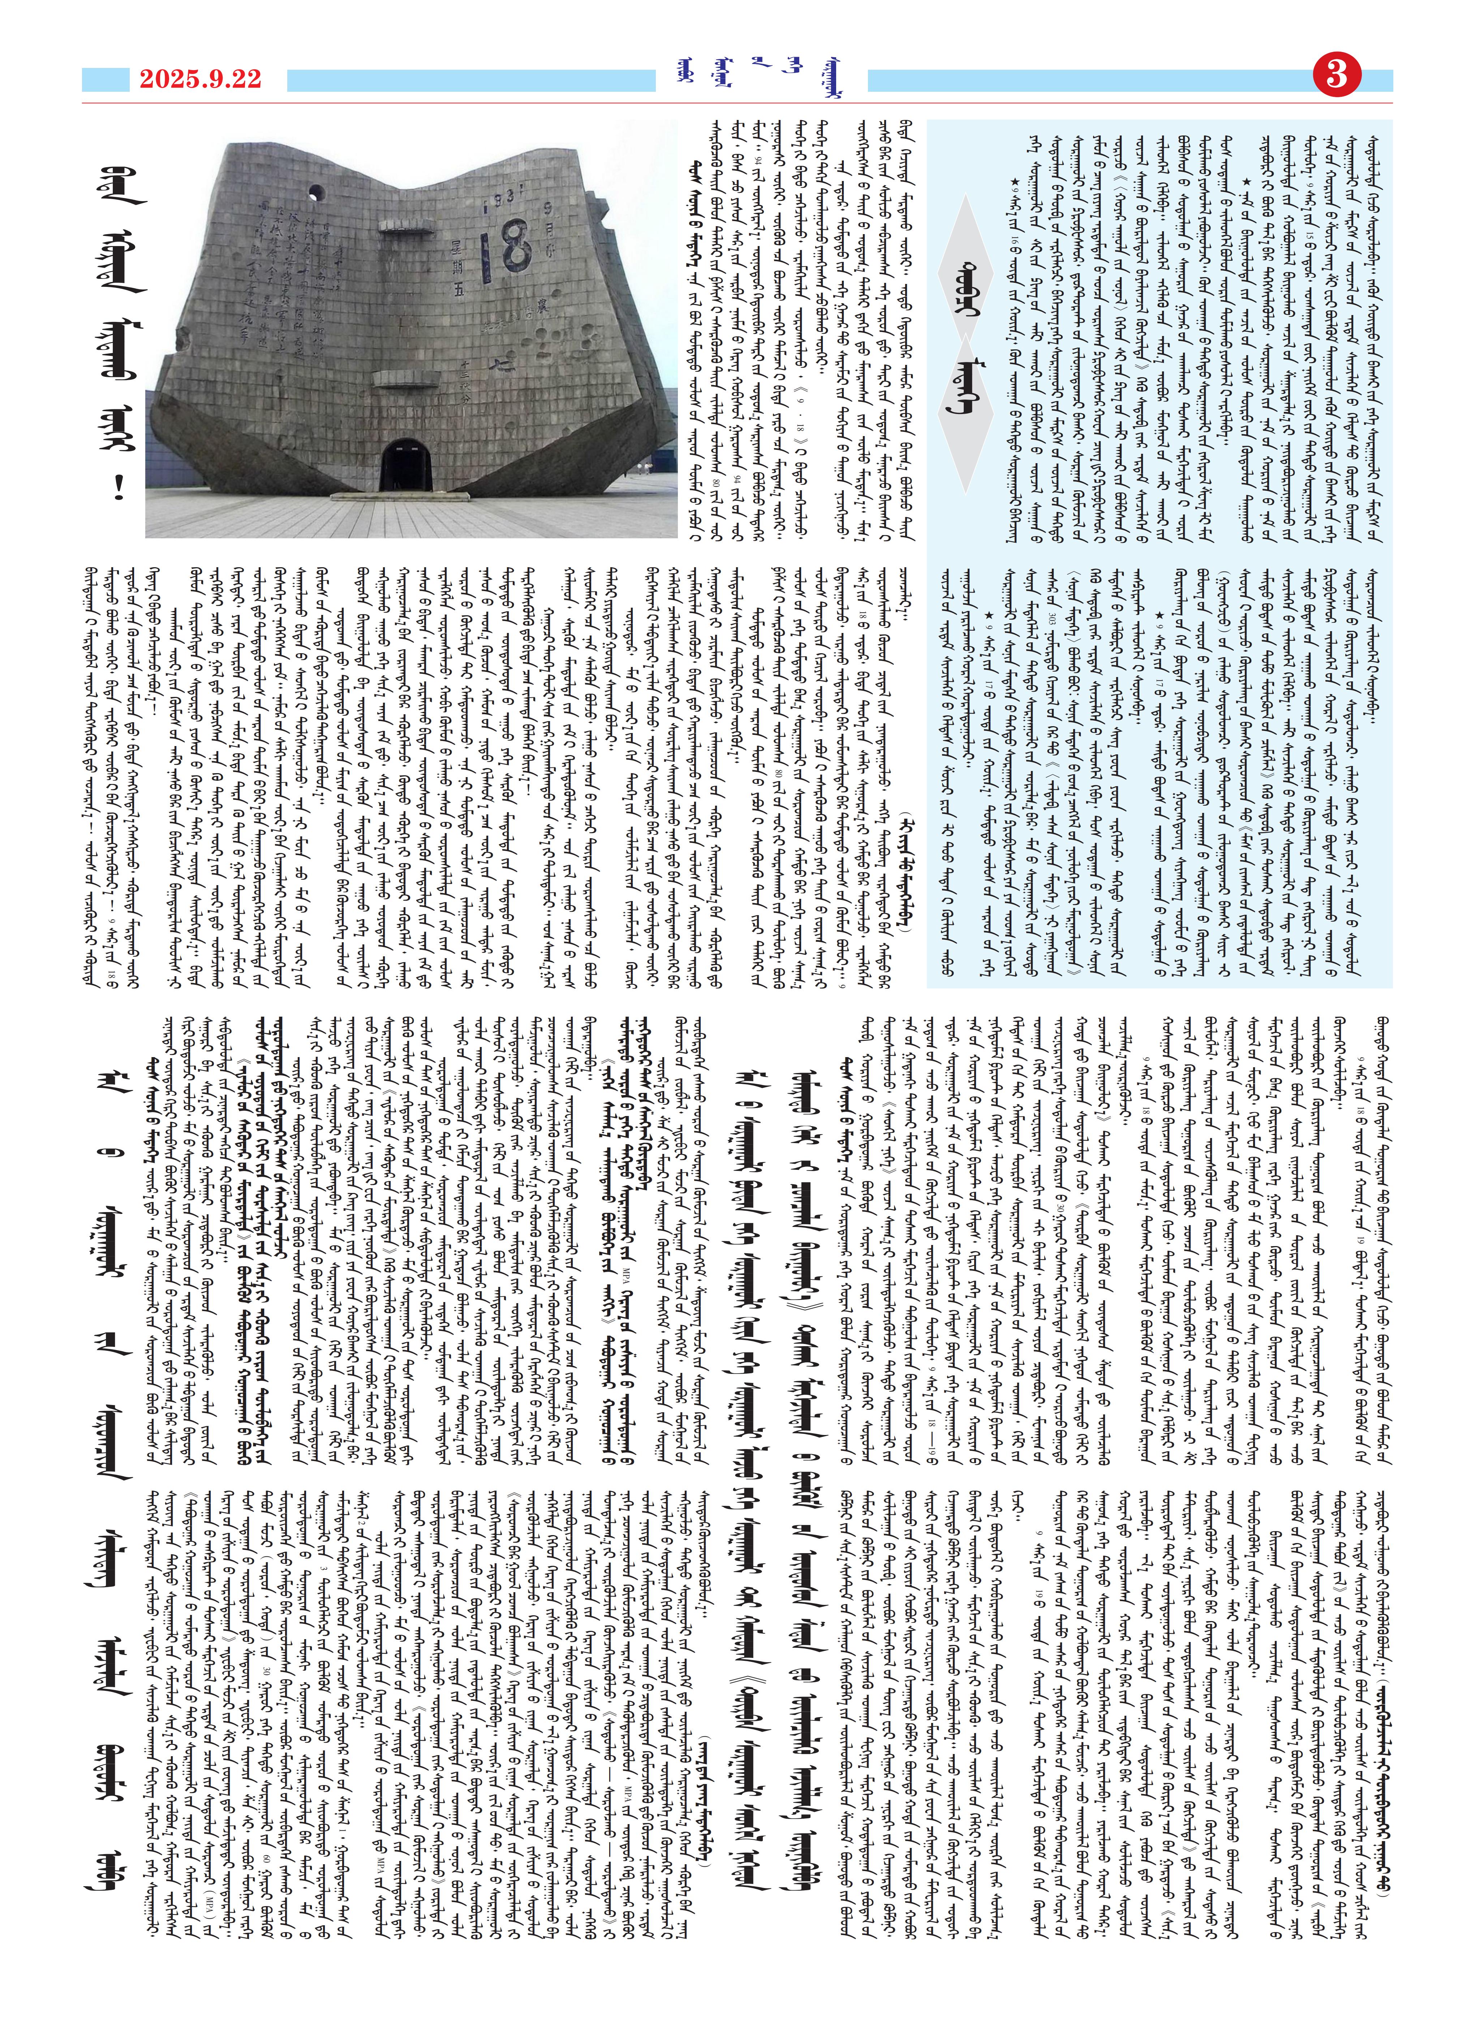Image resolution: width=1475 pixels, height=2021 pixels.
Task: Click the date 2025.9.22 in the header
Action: pyautogui.click(x=200, y=79)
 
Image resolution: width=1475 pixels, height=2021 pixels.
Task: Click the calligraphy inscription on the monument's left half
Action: pyautogui.click(x=294, y=294)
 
